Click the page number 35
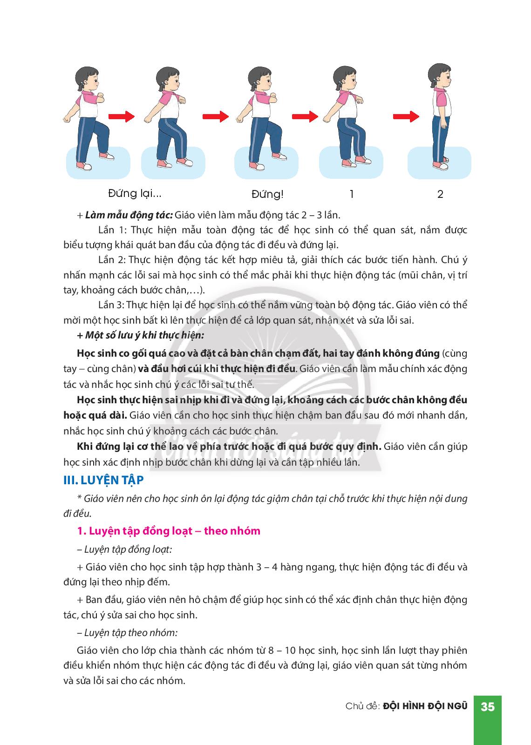pyautogui.click(x=487, y=706)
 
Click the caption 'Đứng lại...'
pyautogui.click(x=135, y=193)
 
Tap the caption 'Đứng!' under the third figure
pyautogui.click(x=267, y=194)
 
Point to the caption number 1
pyautogui.click(x=352, y=194)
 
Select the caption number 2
pyautogui.click(x=440, y=194)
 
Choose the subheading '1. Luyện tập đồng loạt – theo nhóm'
pyautogui.click(x=169, y=531)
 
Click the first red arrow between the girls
pyautogui.click(x=121, y=116)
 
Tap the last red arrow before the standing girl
pyautogui.click(x=405, y=116)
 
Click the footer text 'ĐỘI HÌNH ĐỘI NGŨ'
pyautogui.click(x=425, y=706)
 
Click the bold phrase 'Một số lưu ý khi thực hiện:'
pyautogui.click(x=144, y=335)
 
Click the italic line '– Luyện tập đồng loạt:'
pyautogui.click(x=125, y=549)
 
